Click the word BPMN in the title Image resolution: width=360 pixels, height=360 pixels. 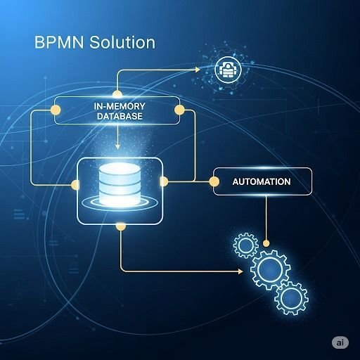pos(59,42)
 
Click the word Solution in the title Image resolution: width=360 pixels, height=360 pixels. pos(122,42)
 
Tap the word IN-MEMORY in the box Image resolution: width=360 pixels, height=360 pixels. pos(120,106)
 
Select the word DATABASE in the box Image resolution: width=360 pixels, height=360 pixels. pos(120,116)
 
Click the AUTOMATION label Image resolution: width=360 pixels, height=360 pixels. pos(262,181)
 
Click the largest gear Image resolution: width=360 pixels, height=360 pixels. pos(270,269)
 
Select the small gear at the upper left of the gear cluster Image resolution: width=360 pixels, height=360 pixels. pos(246,245)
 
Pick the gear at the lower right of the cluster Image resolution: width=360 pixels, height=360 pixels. pos(291,298)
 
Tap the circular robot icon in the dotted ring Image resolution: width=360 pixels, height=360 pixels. pos(228,70)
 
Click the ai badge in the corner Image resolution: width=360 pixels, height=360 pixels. pos(340,342)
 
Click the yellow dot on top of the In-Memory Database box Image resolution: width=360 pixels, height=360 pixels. pos(117,94)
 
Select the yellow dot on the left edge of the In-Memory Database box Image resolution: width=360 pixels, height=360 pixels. pos(56,110)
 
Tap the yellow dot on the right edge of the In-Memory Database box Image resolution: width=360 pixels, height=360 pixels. pos(179,110)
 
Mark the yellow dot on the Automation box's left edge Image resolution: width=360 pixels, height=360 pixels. pos(214,181)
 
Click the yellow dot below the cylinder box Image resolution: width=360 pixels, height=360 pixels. pos(121,226)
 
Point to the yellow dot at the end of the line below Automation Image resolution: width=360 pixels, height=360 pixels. pos(266,243)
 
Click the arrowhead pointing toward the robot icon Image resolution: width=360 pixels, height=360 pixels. pos(198,70)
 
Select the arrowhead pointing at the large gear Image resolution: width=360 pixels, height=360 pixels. pos(240,271)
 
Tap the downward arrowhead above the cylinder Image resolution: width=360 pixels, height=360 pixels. pos(117,147)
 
